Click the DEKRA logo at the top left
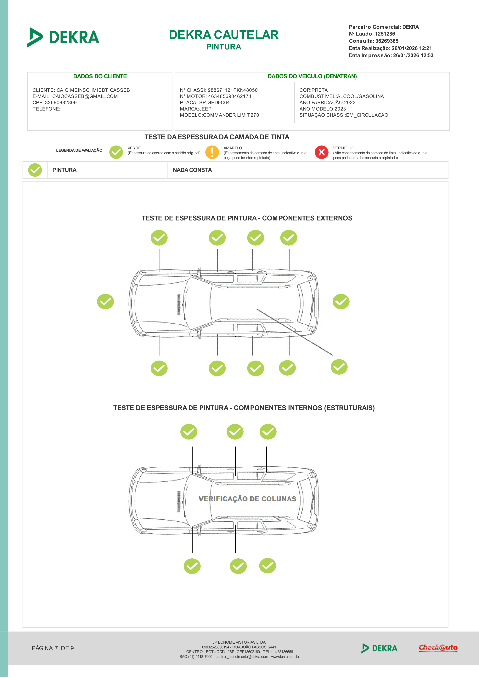point(63,37)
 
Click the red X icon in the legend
point(321,152)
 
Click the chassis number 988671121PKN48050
point(233,90)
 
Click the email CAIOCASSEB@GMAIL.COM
point(85,96)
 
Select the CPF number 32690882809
point(61,102)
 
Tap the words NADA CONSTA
point(192,170)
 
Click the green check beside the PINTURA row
point(35,170)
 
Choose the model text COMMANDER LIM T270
point(231,115)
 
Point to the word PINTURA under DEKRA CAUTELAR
point(224,47)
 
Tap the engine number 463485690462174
point(230,96)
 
